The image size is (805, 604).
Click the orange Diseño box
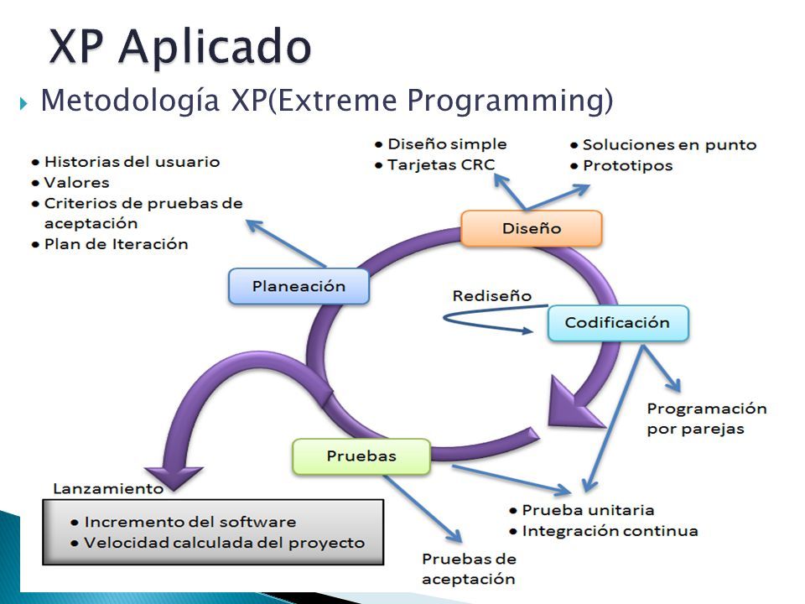532,228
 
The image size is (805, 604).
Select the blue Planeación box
299,286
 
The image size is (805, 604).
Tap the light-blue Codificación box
618,323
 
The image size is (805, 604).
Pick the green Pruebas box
361,456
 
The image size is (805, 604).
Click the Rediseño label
492,296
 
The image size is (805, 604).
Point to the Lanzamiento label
108,488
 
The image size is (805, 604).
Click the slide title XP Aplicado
180,47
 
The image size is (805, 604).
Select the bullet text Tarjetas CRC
441,165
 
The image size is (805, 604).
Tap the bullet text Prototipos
627,166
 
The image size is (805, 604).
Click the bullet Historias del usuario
132,162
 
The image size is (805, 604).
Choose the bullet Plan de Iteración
116,244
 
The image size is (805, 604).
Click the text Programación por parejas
706,419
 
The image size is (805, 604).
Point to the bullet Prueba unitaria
588,510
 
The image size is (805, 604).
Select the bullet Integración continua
610,531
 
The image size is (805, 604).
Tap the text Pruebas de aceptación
469,569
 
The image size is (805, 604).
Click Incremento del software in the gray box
190,523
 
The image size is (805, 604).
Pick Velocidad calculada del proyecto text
225,543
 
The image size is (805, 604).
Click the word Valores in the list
76,183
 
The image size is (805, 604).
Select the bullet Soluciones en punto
669,145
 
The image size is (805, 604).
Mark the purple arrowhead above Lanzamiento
174,477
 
